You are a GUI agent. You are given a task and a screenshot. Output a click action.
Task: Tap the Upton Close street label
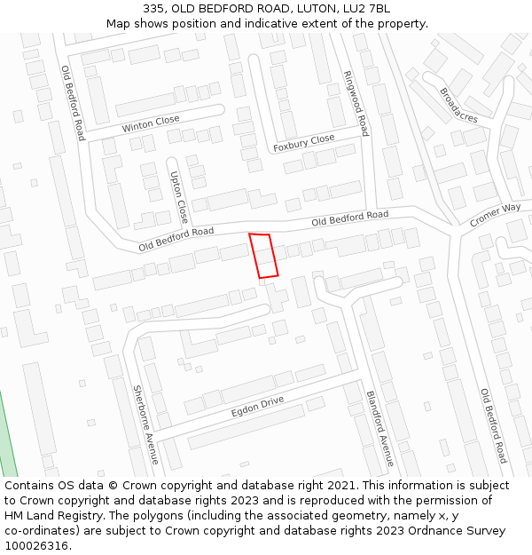[x=178, y=196]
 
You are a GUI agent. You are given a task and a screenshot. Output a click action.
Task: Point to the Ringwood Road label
[x=356, y=103]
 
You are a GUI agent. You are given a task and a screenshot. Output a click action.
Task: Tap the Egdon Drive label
[x=257, y=407]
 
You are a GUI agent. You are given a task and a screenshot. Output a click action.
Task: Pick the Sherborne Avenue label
[x=145, y=424]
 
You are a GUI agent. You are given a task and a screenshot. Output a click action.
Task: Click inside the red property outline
[x=263, y=256]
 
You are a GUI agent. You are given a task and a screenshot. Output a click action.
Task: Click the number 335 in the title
[x=153, y=8]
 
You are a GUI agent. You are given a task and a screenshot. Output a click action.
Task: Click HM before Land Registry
[x=15, y=516]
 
